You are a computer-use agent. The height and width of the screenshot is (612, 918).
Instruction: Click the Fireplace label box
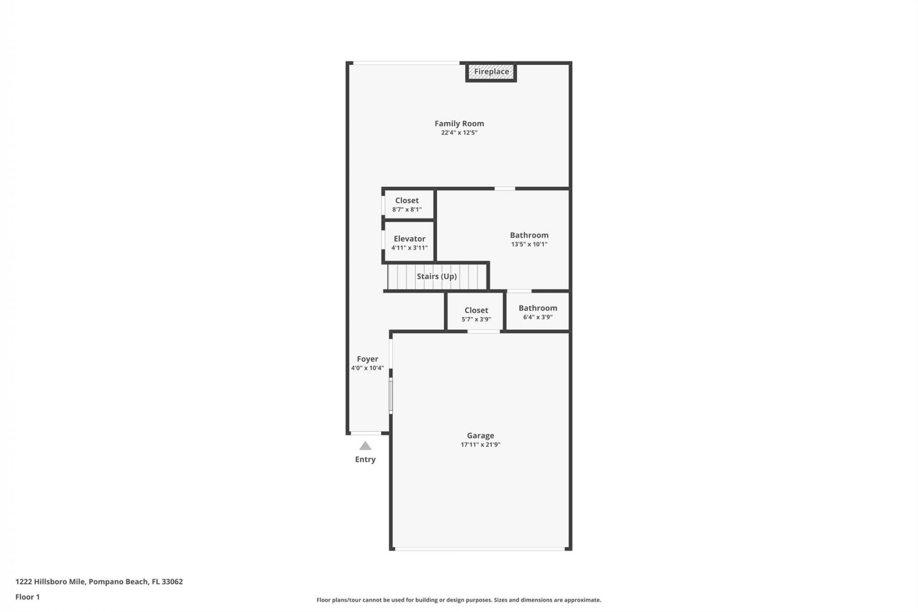pos(491,72)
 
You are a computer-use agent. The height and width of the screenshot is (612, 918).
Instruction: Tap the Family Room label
pos(459,123)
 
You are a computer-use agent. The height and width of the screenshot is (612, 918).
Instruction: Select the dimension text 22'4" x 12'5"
pos(459,133)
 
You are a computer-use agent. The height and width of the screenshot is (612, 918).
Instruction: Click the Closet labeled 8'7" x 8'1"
pos(407,205)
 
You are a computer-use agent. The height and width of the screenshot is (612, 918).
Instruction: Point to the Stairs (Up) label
pos(437,276)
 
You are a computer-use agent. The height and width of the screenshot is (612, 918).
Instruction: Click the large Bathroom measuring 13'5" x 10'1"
pos(529,239)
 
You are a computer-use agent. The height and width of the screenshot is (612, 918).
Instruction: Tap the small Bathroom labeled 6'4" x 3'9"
pos(537,312)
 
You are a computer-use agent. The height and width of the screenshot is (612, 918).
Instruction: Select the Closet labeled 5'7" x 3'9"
pos(476,314)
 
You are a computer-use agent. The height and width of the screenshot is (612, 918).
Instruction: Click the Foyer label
pos(367,359)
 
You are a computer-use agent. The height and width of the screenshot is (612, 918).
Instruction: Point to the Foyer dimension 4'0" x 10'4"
pos(367,368)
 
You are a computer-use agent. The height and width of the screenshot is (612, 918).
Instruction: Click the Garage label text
pos(480,436)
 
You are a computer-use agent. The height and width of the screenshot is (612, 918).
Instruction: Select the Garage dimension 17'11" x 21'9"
pos(480,445)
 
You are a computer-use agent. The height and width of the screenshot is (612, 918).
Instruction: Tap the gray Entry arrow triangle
pos(365,446)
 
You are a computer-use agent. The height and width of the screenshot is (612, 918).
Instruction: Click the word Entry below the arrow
pos(365,459)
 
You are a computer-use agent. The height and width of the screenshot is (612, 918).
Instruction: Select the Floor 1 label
pos(27,597)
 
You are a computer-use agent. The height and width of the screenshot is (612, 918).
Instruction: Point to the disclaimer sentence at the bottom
pos(459,600)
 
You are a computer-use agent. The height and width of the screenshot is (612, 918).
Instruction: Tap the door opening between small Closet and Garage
pos(483,331)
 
